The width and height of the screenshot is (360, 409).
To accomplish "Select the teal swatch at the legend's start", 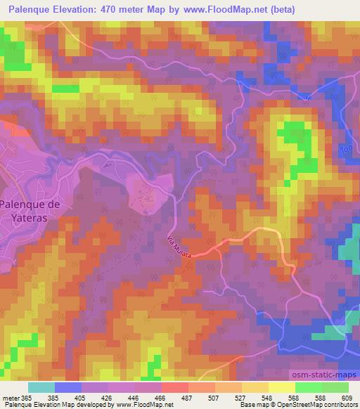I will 41,387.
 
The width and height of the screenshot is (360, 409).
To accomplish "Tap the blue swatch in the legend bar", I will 68,387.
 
